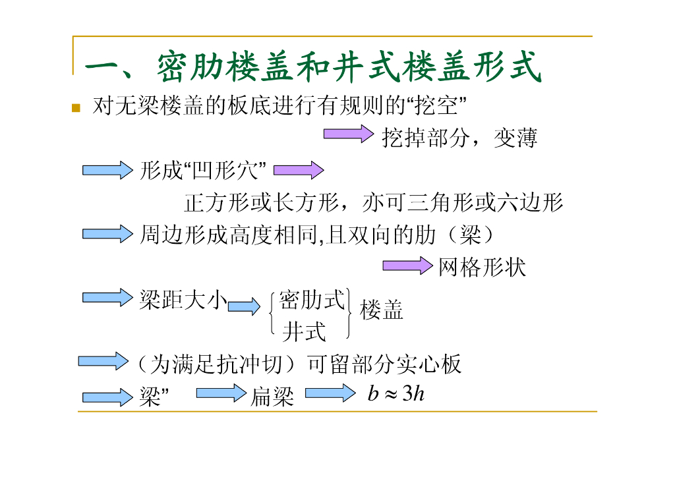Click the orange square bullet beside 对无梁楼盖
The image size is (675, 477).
(76, 107)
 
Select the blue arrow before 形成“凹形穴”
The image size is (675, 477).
(107, 170)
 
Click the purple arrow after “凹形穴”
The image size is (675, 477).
(298, 171)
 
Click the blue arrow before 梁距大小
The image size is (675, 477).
(107, 297)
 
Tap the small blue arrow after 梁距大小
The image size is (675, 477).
(244, 307)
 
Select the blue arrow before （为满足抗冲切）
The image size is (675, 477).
(103, 361)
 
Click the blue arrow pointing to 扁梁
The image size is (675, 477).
(220, 394)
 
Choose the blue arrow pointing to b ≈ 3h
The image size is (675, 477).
(329, 394)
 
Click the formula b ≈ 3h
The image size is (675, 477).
(396, 394)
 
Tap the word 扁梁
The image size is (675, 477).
(272, 397)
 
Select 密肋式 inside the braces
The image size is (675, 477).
(312, 300)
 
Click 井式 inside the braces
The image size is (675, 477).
(304, 332)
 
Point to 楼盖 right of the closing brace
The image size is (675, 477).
(381, 310)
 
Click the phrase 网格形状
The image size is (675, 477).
(482, 267)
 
